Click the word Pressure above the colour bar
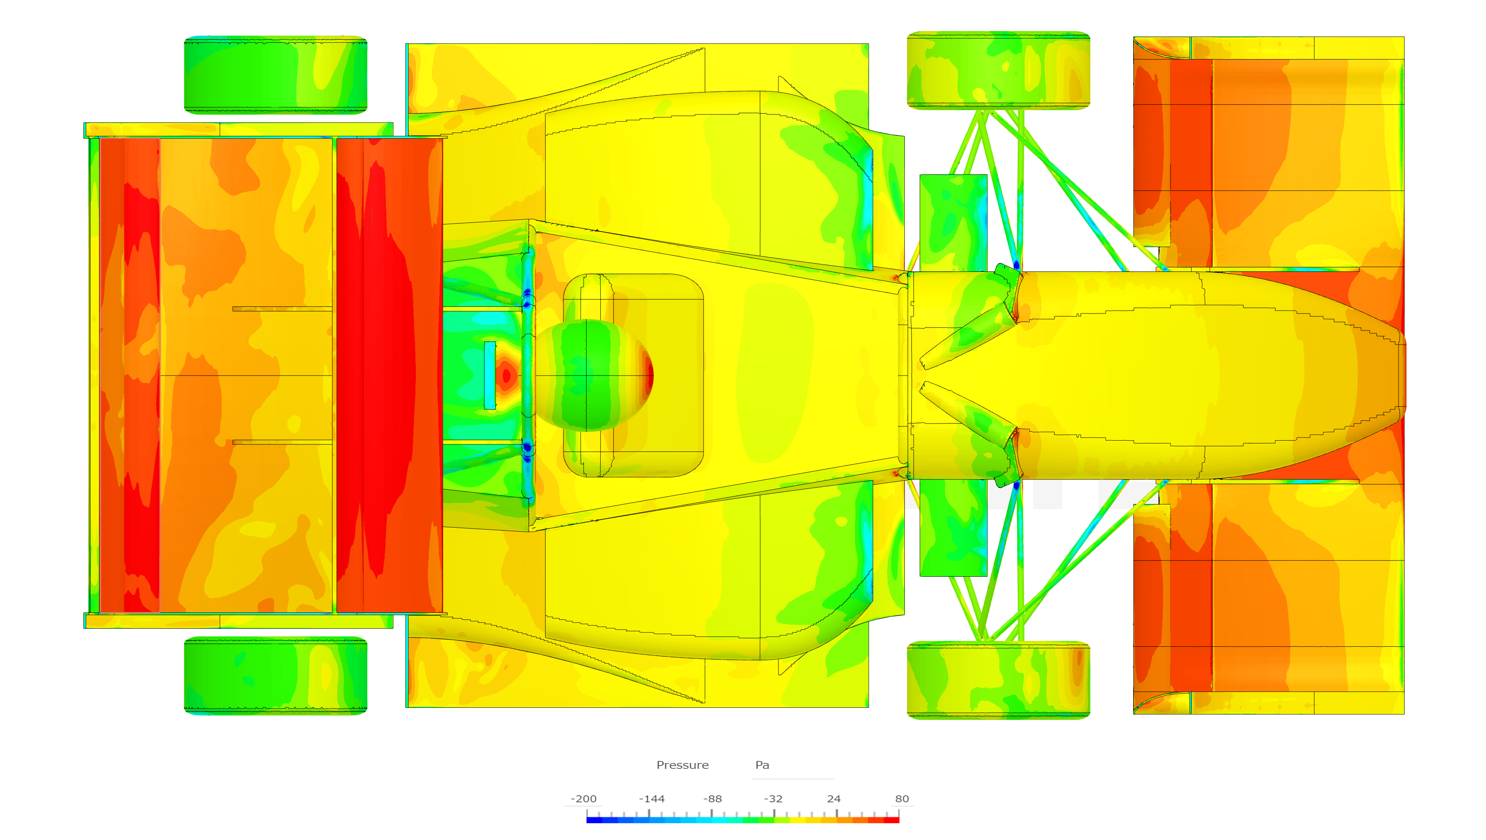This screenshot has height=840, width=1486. point(683,765)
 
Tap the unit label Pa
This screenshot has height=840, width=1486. point(762,765)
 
